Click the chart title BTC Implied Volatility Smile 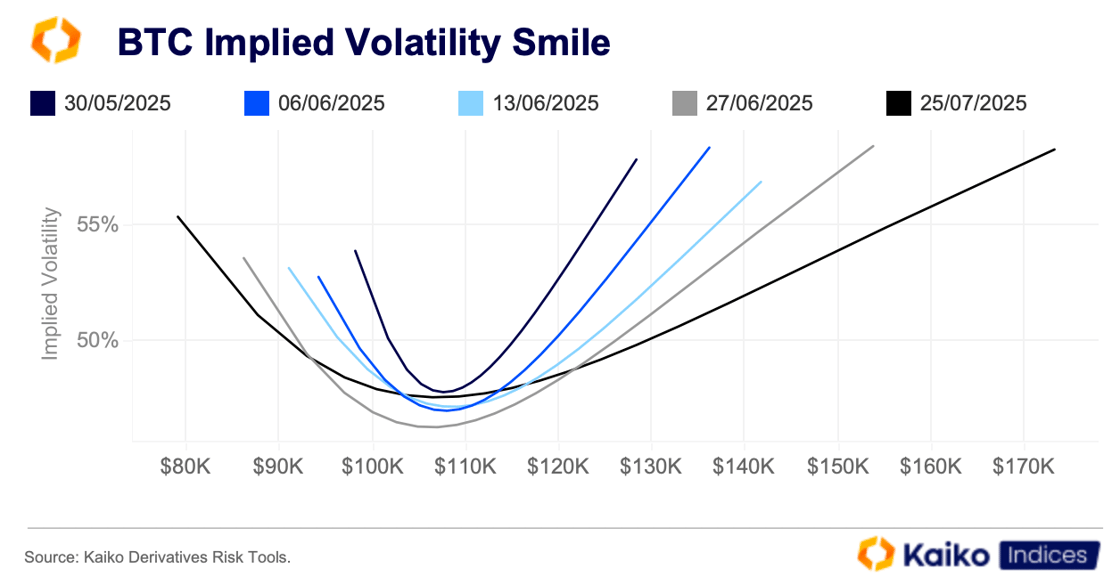coord(363,43)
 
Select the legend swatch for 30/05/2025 coord(42,103)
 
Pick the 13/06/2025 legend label coord(545,103)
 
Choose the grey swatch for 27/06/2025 coord(685,103)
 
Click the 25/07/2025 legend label coord(973,103)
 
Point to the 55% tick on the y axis coord(97,225)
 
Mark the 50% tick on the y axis coord(97,340)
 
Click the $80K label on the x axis coord(186,467)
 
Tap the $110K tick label coord(465,467)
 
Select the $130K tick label coord(651,467)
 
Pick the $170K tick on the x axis coord(1023,467)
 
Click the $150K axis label coord(837,467)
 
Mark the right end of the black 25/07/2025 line coord(1055,149)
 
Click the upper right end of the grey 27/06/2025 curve coord(873,146)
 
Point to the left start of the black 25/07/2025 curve coord(178,216)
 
